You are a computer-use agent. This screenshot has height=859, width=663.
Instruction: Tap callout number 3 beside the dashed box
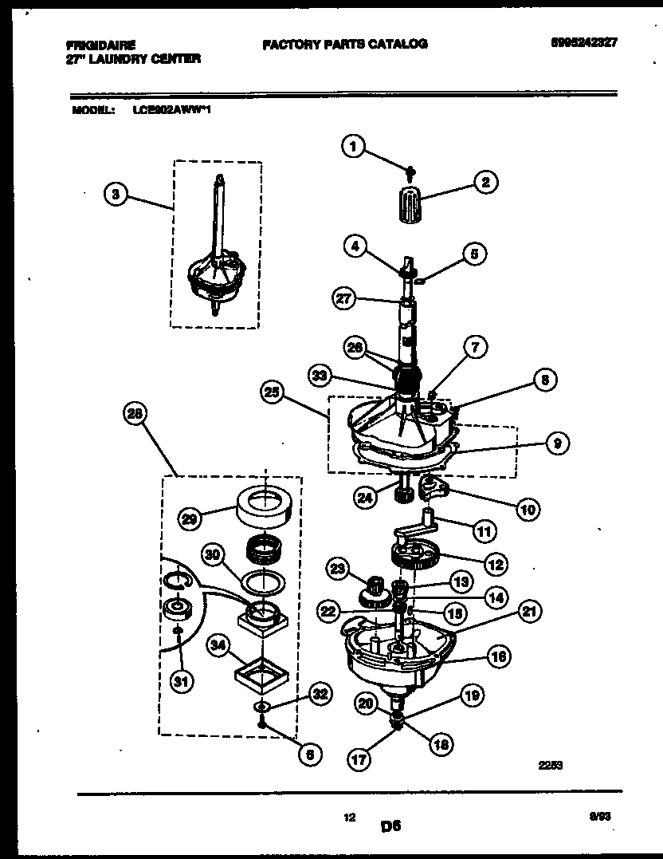[117, 194]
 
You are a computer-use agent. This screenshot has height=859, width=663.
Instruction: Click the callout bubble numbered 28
[136, 414]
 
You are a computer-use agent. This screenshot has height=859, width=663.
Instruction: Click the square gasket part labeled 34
[263, 676]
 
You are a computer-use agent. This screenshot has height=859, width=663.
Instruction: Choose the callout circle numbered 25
[273, 392]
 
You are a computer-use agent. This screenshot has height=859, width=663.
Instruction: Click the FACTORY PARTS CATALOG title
[344, 44]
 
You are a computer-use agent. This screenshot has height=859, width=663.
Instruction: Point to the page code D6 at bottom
[390, 827]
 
